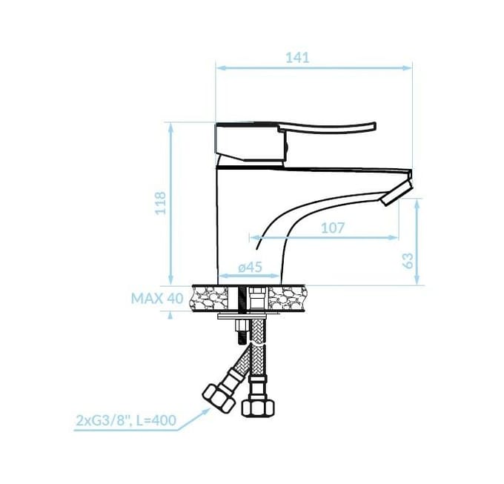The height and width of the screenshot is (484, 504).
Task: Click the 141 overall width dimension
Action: pyautogui.click(x=297, y=58)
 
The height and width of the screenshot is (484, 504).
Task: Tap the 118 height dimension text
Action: pyautogui.click(x=160, y=203)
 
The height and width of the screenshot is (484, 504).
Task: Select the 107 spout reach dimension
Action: pyautogui.click(x=333, y=228)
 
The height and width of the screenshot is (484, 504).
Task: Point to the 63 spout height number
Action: pyautogui.click(x=408, y=261)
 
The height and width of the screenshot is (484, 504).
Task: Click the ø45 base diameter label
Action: pyautogui.click(x=250, y=267)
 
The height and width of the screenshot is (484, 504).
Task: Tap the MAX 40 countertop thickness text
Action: pyautogui.click(x=157, y=299)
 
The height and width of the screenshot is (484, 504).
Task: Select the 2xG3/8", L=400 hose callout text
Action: pyautogui.click(x=126, y=420)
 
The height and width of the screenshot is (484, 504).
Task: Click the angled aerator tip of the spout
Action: pyautogui.click(x=396, y=193)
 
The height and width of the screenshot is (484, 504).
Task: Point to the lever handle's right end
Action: pyautogui.click(x=374, y=126)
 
